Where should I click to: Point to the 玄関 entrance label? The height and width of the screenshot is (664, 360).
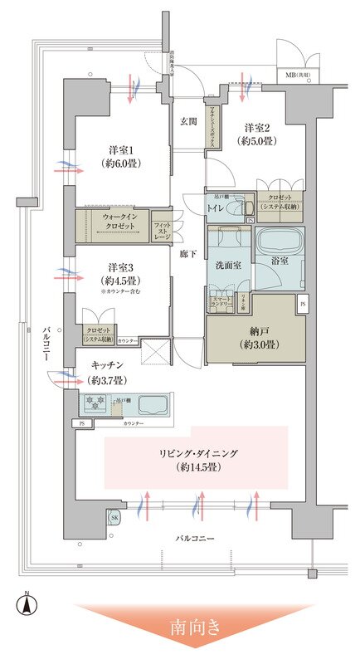[188, 121]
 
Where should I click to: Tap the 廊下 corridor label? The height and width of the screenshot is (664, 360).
[188, 254]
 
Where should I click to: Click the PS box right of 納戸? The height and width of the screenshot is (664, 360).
[301, 304]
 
